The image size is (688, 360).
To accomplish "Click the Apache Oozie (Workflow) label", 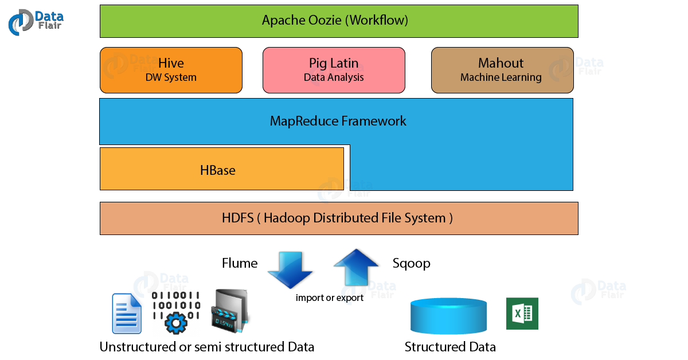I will coord(335,21).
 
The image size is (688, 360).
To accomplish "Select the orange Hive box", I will coord(171,70).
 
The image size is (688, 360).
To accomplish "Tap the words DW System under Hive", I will coord(171,77).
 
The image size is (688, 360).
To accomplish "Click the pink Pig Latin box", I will coord(334,70).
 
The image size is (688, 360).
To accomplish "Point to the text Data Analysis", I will coord(334,77).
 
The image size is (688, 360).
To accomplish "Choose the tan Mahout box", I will coord(502,70).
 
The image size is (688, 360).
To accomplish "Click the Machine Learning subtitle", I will coord(501,77).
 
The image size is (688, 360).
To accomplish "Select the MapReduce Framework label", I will coord(338,121).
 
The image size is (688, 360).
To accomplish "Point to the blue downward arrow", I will coord(290,270).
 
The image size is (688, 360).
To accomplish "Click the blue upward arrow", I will coord(356,266).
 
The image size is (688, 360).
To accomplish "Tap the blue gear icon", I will coord(176,323).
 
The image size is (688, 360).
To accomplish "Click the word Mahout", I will coord(501,63).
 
